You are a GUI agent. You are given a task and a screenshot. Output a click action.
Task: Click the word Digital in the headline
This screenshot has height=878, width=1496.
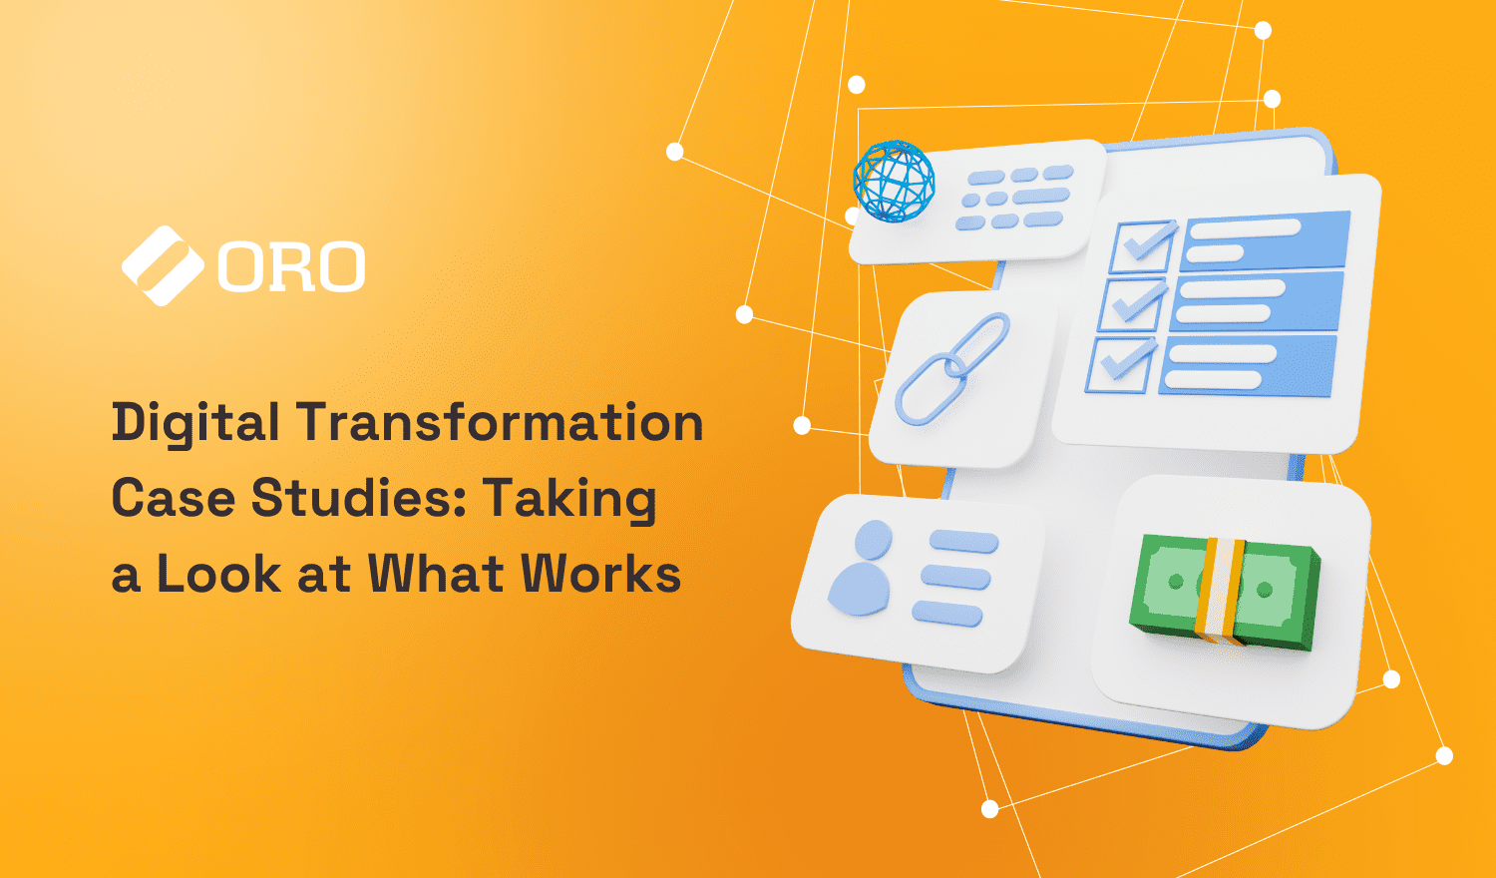tap(195, 424)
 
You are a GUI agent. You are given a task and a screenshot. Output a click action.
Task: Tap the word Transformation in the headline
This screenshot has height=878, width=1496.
tap(500, 422)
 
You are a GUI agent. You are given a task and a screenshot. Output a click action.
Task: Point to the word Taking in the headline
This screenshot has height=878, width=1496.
tap(570, 498)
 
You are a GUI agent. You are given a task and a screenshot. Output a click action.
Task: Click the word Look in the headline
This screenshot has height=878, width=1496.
tap(219, 574)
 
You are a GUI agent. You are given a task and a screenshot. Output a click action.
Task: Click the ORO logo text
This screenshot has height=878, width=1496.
tap(291, 267)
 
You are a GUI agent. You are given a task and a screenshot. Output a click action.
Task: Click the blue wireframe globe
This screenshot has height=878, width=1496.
tap(894, 181)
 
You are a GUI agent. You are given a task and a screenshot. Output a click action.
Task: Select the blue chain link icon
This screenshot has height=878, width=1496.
tap(952, 368)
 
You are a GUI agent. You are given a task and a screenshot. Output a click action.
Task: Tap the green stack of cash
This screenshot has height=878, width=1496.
tap(1225, 593)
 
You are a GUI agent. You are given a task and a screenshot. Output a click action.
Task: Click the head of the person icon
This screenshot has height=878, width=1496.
tap(873, 540)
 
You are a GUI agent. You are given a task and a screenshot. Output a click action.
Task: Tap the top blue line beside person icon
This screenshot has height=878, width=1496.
tap(963, 542)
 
